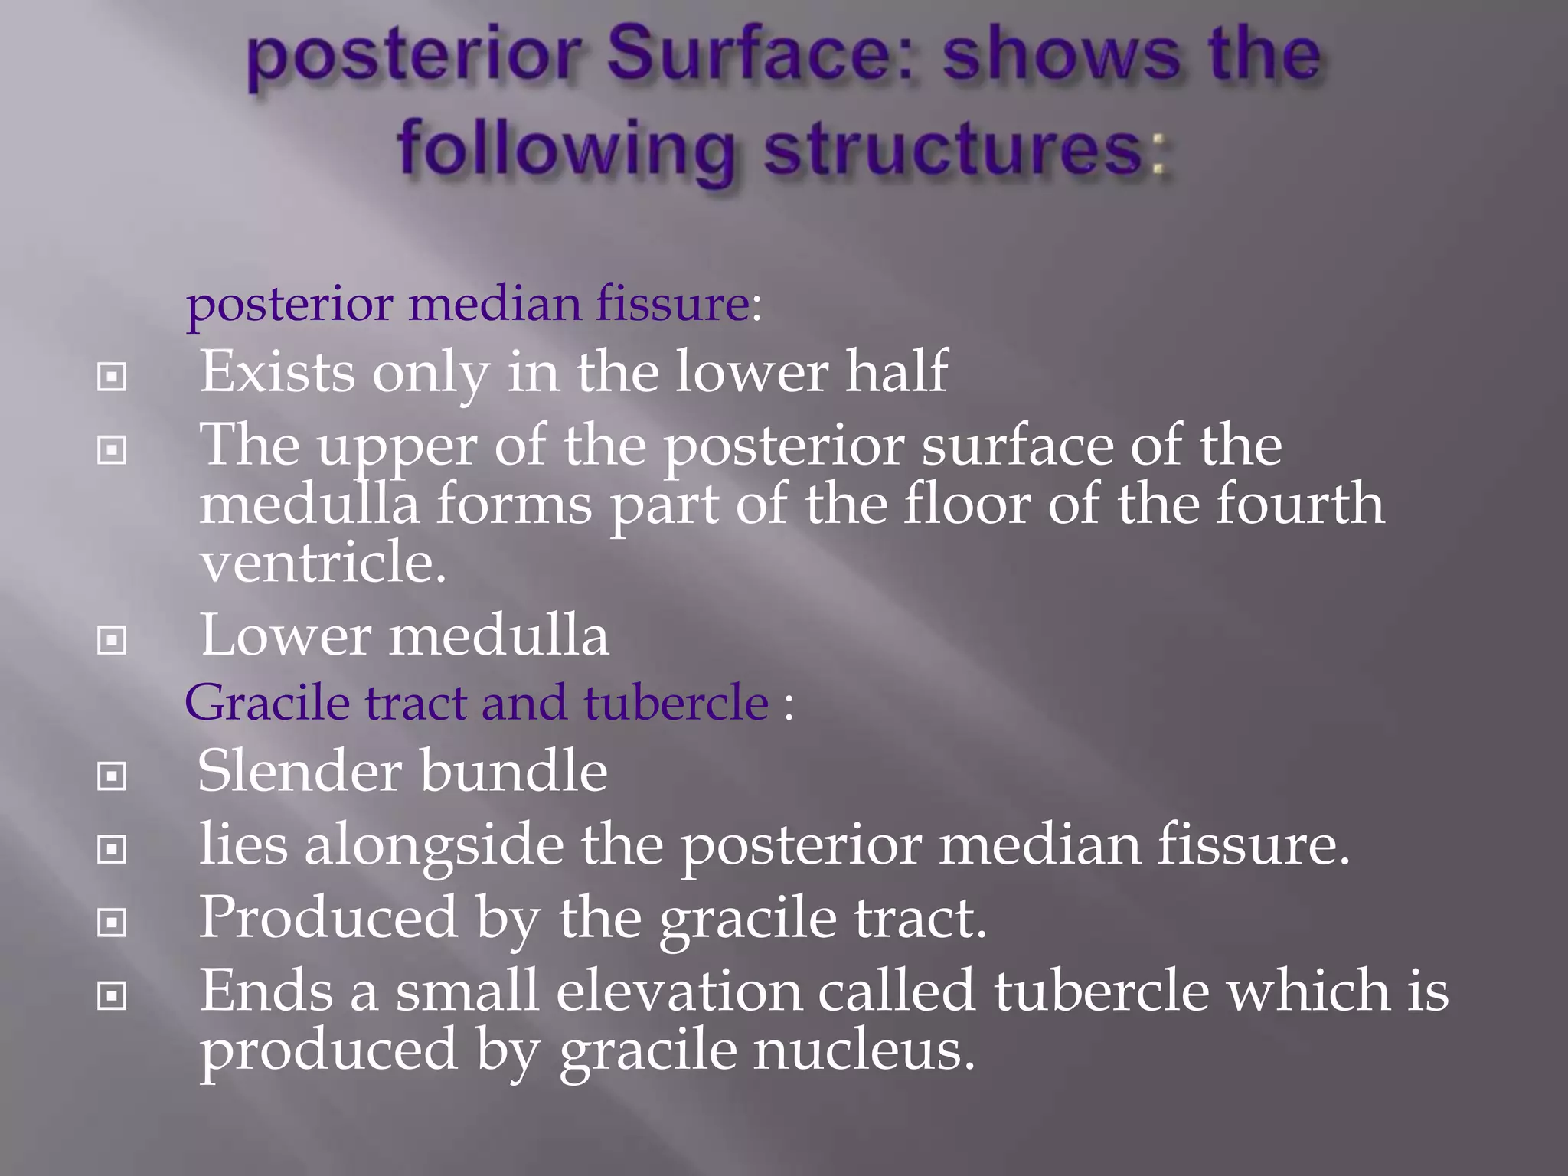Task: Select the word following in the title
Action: click(x=566, y=150)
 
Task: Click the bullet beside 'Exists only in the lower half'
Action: click(x=112, y=377)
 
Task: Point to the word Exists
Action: click(x=277, y=372)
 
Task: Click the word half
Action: click(x=897, y=372)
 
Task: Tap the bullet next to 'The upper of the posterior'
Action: click(x=112, y=450)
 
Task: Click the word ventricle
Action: click(x=322, y=562)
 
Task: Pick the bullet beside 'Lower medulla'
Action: click(x=112, y=640)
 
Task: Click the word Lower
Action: click(x=286, y=635)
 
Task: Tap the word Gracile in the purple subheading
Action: click(x=266, y=702)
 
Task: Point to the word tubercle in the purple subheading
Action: click(x=676, y=702)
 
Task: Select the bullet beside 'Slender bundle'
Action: click(x=112, y=776)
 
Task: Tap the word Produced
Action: click(x=328, y=918)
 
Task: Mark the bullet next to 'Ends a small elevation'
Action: click(x=112, y=996)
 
